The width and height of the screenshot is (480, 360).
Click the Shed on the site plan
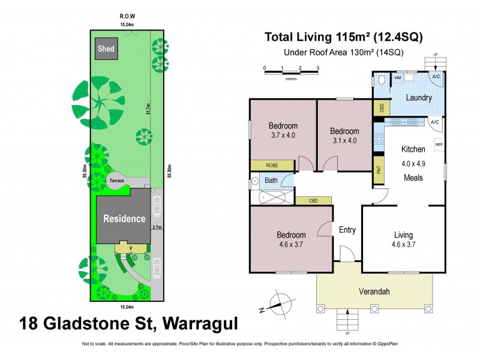pyautogui.click(x=106, y=49)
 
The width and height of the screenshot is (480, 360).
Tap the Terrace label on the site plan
pyautogui.click(x=116, y=181)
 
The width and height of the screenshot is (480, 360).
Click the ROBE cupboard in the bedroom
pyautogui.click(x=272, y=165)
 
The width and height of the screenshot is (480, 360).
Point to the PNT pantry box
pyautogui.click(x=379, y=169)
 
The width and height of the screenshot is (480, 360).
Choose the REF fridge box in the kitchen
pyautogui.click(x=439, y=145)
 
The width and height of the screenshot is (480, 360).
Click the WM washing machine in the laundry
pyautogui.click(x=398, y=78)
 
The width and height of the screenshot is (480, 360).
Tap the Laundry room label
pyautogui.click(x=420, y=97)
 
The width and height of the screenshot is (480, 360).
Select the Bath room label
pyautogui.click(x=272, y=180)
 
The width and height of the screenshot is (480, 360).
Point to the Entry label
pyautogui.click(x=347, y=229)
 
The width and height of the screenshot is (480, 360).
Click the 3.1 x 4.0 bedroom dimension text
pyautogui.click(x=344, y=141)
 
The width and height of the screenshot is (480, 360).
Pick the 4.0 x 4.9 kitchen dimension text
pyautogui.click(x=413, y=162)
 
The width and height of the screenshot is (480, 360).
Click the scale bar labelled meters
pyautogui.click(x=291, y=73)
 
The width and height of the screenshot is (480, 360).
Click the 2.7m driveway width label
pyautogui.click(x=157, y=227)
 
